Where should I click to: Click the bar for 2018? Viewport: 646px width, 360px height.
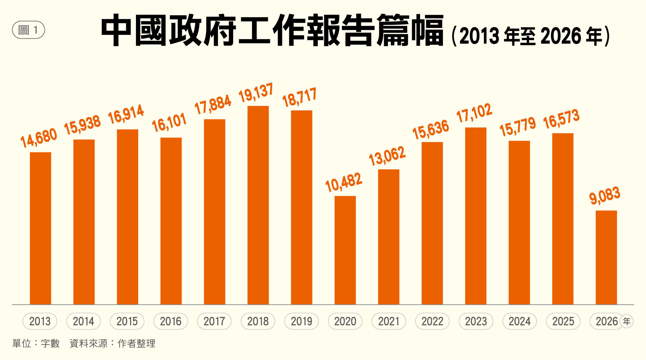click(x=258, y=205)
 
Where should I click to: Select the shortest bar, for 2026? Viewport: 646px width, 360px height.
click(x=606, y=257)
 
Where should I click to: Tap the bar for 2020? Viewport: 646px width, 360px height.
click(x=345, y=250)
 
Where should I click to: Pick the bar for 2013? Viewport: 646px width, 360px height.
click(x=40, y=228)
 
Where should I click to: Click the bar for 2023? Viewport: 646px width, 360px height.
click(x=476, y=216)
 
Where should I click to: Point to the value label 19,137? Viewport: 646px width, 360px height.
click(x=256, y=93)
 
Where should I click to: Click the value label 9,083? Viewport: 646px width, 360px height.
click(x=605, y=195)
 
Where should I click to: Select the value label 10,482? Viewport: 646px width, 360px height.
click(x=343, y=182)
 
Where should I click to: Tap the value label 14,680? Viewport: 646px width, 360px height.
click(x=39, y=138)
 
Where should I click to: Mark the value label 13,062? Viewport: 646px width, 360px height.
click(x=387, y=156)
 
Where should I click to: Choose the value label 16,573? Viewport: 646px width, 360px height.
click(x=561, y=119)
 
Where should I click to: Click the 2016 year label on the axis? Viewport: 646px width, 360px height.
click(x=171, y=321)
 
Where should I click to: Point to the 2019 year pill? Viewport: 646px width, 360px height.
click(x=301, y=321)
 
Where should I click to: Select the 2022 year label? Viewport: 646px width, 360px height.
click(x=432, y=321)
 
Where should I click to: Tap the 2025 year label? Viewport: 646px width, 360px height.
click(x=563, y=321)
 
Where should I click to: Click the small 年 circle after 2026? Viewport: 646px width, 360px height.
click(x=627, y=321)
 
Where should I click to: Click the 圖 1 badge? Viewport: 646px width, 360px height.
click(x=28, y=30)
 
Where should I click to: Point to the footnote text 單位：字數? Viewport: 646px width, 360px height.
click(x=36, y=343)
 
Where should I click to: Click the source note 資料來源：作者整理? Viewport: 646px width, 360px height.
click(x=112, y=343)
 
